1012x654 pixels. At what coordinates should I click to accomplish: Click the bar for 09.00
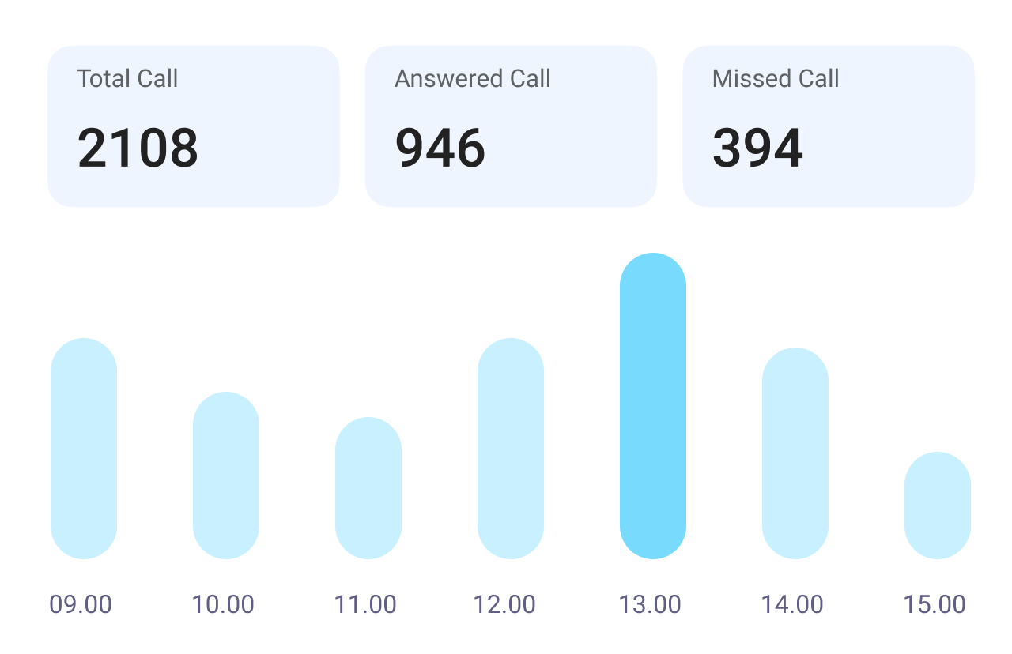84,449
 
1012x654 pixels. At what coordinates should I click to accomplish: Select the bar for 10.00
226,475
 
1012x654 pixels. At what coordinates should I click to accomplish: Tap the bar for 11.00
368,488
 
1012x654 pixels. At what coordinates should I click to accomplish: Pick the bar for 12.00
511,449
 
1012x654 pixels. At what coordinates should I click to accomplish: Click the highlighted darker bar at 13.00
653,406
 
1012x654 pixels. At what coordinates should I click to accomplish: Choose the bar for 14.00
795,453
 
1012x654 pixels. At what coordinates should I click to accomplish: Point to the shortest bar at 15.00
938,506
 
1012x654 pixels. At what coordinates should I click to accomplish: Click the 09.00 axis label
81,605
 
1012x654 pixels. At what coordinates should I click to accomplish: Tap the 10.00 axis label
223,605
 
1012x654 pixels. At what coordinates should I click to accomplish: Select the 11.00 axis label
365,605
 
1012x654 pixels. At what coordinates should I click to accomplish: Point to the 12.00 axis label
504,605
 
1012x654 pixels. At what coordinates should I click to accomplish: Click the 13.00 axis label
650,605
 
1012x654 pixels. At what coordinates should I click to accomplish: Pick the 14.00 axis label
792,605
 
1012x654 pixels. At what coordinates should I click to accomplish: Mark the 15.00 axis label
935,605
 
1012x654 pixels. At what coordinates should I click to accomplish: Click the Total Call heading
127,79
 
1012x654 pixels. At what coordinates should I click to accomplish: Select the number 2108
138,148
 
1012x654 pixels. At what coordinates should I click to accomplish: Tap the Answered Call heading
473,79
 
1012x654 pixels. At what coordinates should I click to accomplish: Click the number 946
440,148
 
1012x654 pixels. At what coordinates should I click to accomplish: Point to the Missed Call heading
776,79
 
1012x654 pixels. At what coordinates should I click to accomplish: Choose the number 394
757,148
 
